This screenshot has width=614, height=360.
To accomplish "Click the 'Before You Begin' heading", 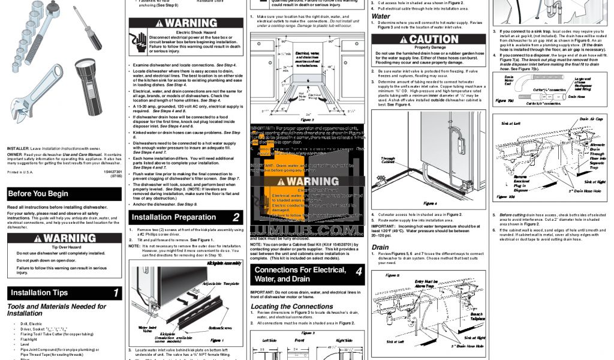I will tap(38, 194).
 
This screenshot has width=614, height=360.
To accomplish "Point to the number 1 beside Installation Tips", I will tap(116, 293).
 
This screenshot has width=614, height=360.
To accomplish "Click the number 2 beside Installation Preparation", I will tap(236, 217).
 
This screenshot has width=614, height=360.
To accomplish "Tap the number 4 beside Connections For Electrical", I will tap(359, 271).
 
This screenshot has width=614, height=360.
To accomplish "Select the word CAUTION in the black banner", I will tap(433, 39).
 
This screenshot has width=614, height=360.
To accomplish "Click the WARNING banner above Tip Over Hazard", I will tap(65, 238).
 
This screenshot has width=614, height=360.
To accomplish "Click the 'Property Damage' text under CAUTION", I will tap(430, 47).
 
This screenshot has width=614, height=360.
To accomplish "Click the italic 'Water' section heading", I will tap(381, 16).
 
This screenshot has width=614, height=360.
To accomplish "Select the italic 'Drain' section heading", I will tap(380, 247).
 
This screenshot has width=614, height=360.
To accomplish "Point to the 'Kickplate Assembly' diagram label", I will tap(225, 263).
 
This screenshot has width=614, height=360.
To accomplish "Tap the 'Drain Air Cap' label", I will tap(591, 119).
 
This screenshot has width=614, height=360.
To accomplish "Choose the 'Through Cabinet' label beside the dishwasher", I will tap(388, 160).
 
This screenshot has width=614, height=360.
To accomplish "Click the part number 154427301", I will tap(110, 172).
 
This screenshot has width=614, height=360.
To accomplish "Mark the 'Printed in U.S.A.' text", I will tap(20, 172).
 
